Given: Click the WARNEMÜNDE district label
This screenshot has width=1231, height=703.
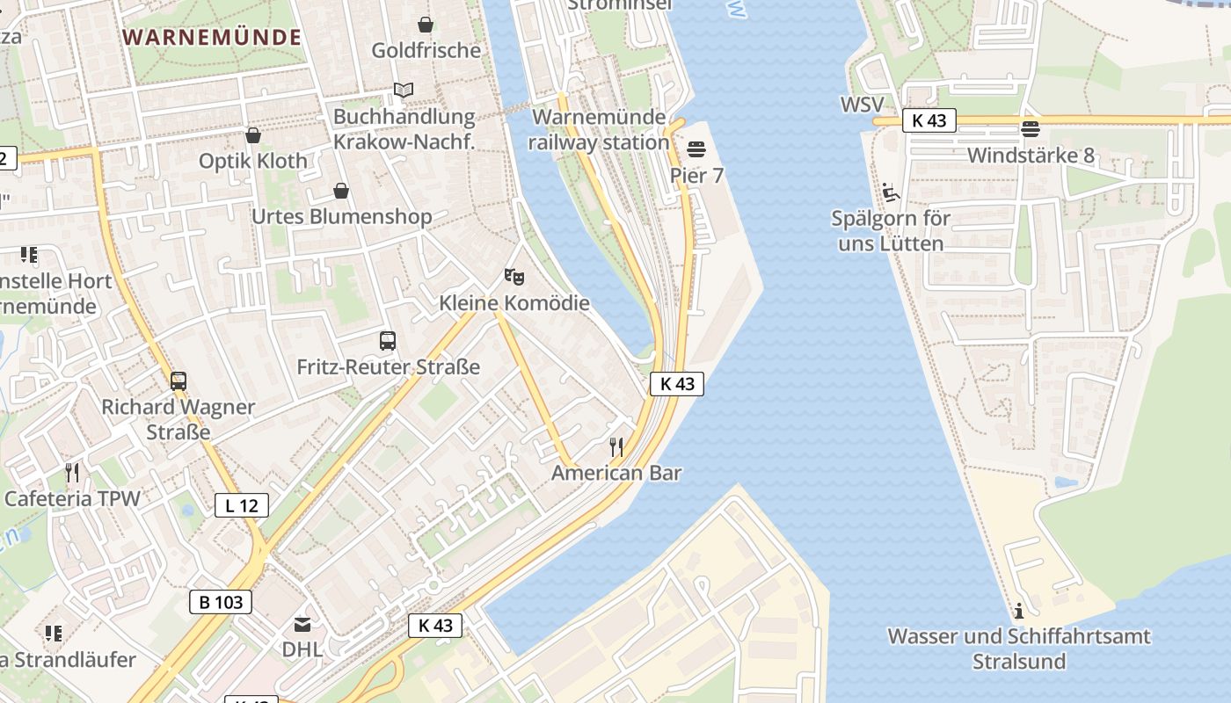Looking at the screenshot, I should click(213, 37).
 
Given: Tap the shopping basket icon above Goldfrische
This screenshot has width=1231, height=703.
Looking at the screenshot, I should click(426, 25).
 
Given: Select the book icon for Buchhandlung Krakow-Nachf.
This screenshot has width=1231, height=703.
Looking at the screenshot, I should click(404, 91).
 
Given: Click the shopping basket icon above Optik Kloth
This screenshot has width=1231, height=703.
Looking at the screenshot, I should click(253, 135).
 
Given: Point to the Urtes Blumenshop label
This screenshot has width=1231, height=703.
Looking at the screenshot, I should click(341, 216).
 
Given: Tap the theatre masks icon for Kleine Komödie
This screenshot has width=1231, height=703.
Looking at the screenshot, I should click(514, 277).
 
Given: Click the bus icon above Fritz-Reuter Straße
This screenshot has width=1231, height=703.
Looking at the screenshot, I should click(388, 341).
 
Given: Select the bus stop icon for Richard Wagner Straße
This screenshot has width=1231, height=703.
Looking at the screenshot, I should click(178, 381).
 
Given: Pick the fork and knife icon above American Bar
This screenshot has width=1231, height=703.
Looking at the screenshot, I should click(616, 447).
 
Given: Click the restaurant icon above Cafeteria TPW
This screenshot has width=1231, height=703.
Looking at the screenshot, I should click(72, 473).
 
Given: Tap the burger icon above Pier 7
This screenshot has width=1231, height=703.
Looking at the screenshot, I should click(696, 149).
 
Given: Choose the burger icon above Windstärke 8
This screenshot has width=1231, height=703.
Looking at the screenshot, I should click(1031, 129).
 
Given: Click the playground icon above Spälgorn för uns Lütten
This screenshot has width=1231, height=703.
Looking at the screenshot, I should click(890, 192).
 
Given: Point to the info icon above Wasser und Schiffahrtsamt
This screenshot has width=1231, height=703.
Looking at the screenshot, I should click(1019, 610).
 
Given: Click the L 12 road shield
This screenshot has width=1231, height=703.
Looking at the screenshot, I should click(242, 505).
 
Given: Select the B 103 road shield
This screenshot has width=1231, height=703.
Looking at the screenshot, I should click(221, 602).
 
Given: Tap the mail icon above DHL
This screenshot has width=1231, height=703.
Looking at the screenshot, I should click(302, 625).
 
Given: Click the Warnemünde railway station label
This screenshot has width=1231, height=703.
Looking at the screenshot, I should click(601, 129).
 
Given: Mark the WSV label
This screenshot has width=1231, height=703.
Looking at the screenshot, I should click(862, 105).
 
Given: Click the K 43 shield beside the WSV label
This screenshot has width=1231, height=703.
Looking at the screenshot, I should click(929, 120).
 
